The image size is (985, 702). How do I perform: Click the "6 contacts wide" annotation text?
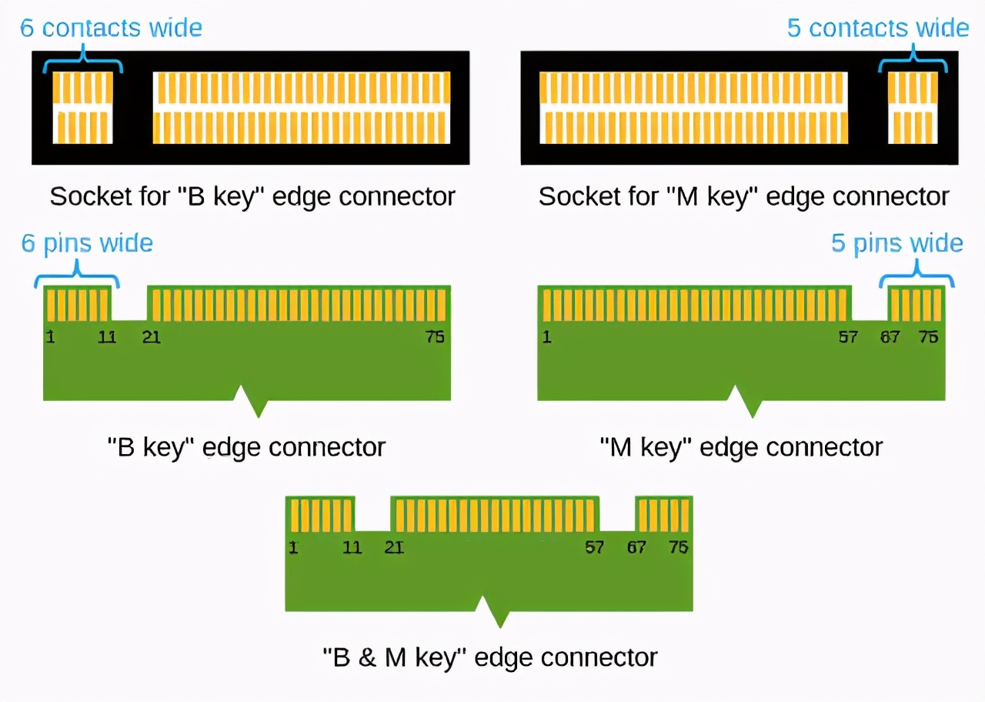click(111, 28)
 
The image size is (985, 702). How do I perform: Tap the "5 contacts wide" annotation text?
click(877, 28)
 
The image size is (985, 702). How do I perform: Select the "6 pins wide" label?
click(87, 243)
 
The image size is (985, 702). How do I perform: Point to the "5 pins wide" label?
click(897, 243)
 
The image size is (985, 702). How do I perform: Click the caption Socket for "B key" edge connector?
click(252, 196)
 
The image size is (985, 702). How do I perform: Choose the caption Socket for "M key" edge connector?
click(743, 196)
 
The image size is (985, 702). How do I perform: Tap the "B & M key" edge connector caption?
click(489, 657)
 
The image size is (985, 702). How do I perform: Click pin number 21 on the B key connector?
click(152, 337)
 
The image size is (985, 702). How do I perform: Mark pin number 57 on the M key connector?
click(848, 337)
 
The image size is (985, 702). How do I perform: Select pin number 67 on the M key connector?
click(890, 337)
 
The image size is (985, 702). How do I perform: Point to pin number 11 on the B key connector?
click(107, 337)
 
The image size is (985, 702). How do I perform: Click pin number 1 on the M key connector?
click(546, 337)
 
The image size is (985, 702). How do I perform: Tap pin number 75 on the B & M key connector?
click(678, 547)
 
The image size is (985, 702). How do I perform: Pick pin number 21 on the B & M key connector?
click(394, 547)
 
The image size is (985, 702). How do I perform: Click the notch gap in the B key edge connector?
click(129, 304)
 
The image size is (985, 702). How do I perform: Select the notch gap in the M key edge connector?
click(870, 304)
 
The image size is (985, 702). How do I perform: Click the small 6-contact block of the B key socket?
click(83, 107)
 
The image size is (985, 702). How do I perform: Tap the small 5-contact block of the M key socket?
click(913, 107)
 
